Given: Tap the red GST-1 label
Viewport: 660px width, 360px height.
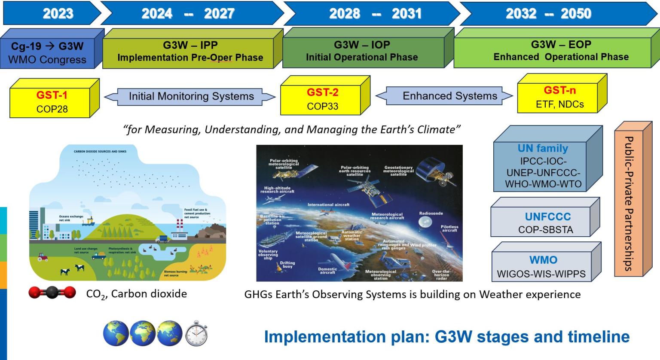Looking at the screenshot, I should click(x=52, y=95).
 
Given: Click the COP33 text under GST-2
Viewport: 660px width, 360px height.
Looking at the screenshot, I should click(x=322, y=106).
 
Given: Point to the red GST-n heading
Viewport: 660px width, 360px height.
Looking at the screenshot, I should click(x=559, y=90).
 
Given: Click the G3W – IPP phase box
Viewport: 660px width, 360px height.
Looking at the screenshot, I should click(x=190, y=51).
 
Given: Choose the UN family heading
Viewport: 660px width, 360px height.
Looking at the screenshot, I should click(x=543, y=148).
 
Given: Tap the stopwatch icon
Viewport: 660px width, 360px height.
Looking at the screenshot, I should click(x=196, y=333).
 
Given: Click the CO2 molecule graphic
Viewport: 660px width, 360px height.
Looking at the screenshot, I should click(x=52, y=293).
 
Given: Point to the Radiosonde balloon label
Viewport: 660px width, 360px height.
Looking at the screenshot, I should click(x=431, y=214).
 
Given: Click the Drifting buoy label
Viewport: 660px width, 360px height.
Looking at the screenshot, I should click(x=287, y=265).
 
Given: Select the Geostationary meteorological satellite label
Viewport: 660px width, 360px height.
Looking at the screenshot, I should click(x=398, y=171).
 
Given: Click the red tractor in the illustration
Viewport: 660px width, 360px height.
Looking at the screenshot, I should click(x=43, y=257).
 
